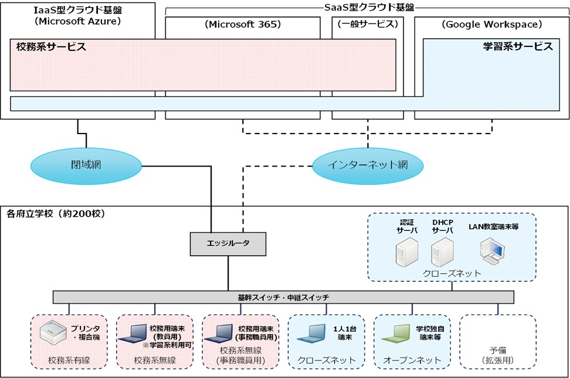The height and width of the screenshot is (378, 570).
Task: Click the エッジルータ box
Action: (x=228, y=244)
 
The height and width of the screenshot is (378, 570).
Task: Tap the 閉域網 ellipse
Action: (x=86, y=165)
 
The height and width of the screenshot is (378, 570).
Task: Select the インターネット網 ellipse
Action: (x=368, y=165)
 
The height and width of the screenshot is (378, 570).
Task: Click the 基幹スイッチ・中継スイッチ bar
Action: (x=283, y=297)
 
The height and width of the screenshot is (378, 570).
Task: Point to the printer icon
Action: (x=53, y=332)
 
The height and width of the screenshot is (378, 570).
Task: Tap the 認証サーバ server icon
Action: (x=407, y=252)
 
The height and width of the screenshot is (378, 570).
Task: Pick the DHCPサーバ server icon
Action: (x=442, y=252)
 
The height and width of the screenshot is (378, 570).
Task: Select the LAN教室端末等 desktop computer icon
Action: (x=492, y=251)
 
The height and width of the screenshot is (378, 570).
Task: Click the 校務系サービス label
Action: (x=51, y=47)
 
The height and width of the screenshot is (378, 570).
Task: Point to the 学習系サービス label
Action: (x=518, y=46)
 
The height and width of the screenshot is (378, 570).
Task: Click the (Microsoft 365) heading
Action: (x=243, y=25)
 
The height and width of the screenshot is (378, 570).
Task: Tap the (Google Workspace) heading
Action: (x=492, y=25)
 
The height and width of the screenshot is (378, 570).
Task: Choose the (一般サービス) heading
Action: (x=368, y=24)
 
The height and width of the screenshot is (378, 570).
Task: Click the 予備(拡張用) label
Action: (x=498, y=356)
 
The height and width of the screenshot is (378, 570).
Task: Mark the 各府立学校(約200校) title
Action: (x=56, y=214)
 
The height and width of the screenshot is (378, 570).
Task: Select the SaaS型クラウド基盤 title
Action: (x=369, y=7)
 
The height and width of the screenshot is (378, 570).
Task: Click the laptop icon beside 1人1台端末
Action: (x=311, y=333)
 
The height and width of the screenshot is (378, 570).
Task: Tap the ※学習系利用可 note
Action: (x=167, y=345)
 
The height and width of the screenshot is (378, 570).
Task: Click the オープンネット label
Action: (x=412, y=360)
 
